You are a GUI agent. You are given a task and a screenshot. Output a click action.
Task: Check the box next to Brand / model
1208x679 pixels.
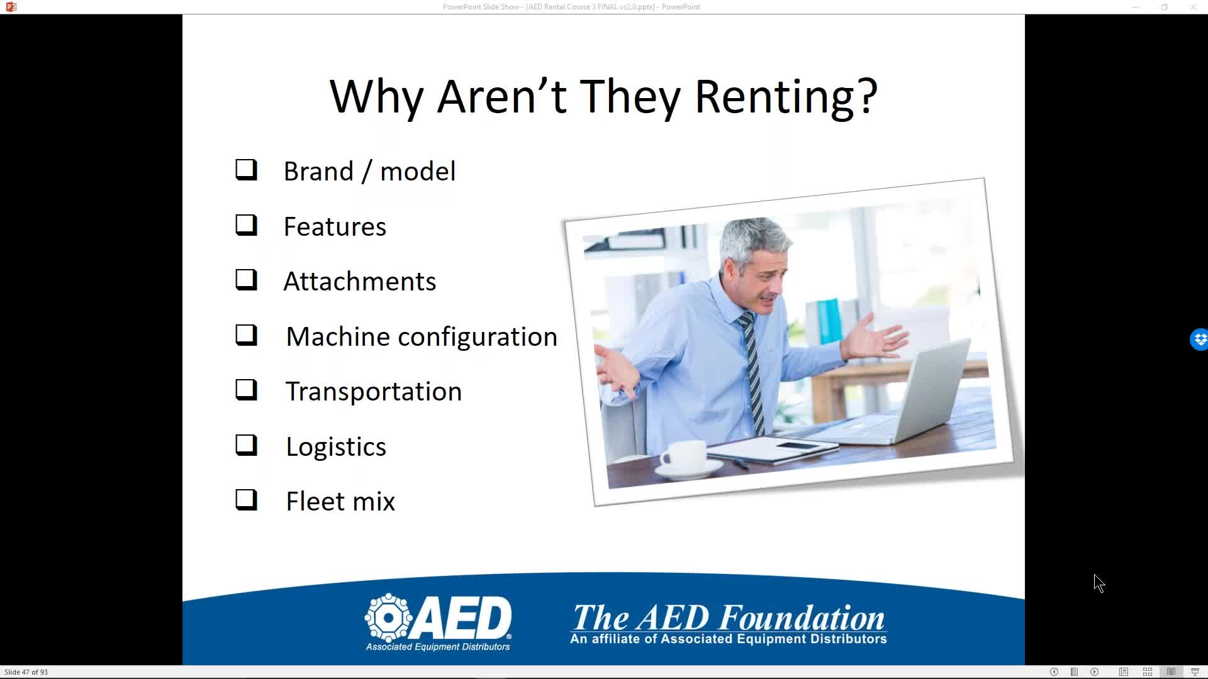(246, 170)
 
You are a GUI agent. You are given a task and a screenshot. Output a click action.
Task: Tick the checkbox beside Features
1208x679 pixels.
(246, 224)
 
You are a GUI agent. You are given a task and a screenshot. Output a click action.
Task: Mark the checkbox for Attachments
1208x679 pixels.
(246, 280)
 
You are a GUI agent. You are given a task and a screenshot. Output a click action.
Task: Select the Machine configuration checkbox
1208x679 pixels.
(246, 335)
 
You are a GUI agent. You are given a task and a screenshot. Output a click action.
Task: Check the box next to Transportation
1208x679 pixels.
(246, 390)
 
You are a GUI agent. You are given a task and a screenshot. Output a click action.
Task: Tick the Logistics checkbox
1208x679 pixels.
(246, 445)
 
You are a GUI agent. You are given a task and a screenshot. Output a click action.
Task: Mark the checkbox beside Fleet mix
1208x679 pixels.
(246, 500)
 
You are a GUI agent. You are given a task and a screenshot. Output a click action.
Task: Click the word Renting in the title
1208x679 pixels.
(786, 97)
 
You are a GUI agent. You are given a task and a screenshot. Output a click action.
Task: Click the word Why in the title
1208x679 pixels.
(376, 97)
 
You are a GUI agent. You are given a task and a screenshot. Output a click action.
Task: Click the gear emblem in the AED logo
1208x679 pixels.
(389, 617)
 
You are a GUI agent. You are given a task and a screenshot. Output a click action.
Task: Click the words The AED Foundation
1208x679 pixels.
(729, 617)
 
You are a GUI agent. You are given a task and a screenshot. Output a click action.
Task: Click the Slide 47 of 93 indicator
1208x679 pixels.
(26, 672)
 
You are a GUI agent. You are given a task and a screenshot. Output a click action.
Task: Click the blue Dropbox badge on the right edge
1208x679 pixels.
(1199, 339)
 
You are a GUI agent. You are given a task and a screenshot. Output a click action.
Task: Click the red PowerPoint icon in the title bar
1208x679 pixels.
(11, 7)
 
